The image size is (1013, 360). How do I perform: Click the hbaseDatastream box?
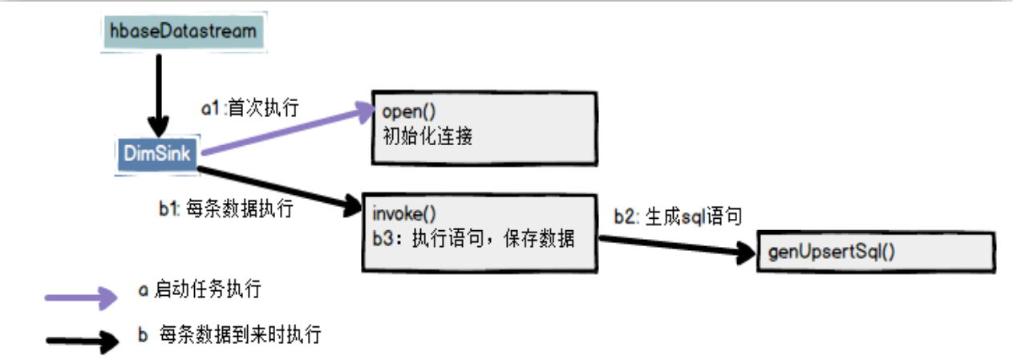click(x=183, y=32)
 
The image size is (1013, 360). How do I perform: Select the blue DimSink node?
click(x=157, y=152)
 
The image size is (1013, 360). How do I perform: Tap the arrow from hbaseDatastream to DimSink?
click(x=159, y=92)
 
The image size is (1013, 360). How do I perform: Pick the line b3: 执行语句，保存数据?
click(x=473, y=237)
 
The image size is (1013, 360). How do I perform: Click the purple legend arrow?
click(x=80, y=297)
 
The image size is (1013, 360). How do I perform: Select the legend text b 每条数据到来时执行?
click(x=229, y=334)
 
